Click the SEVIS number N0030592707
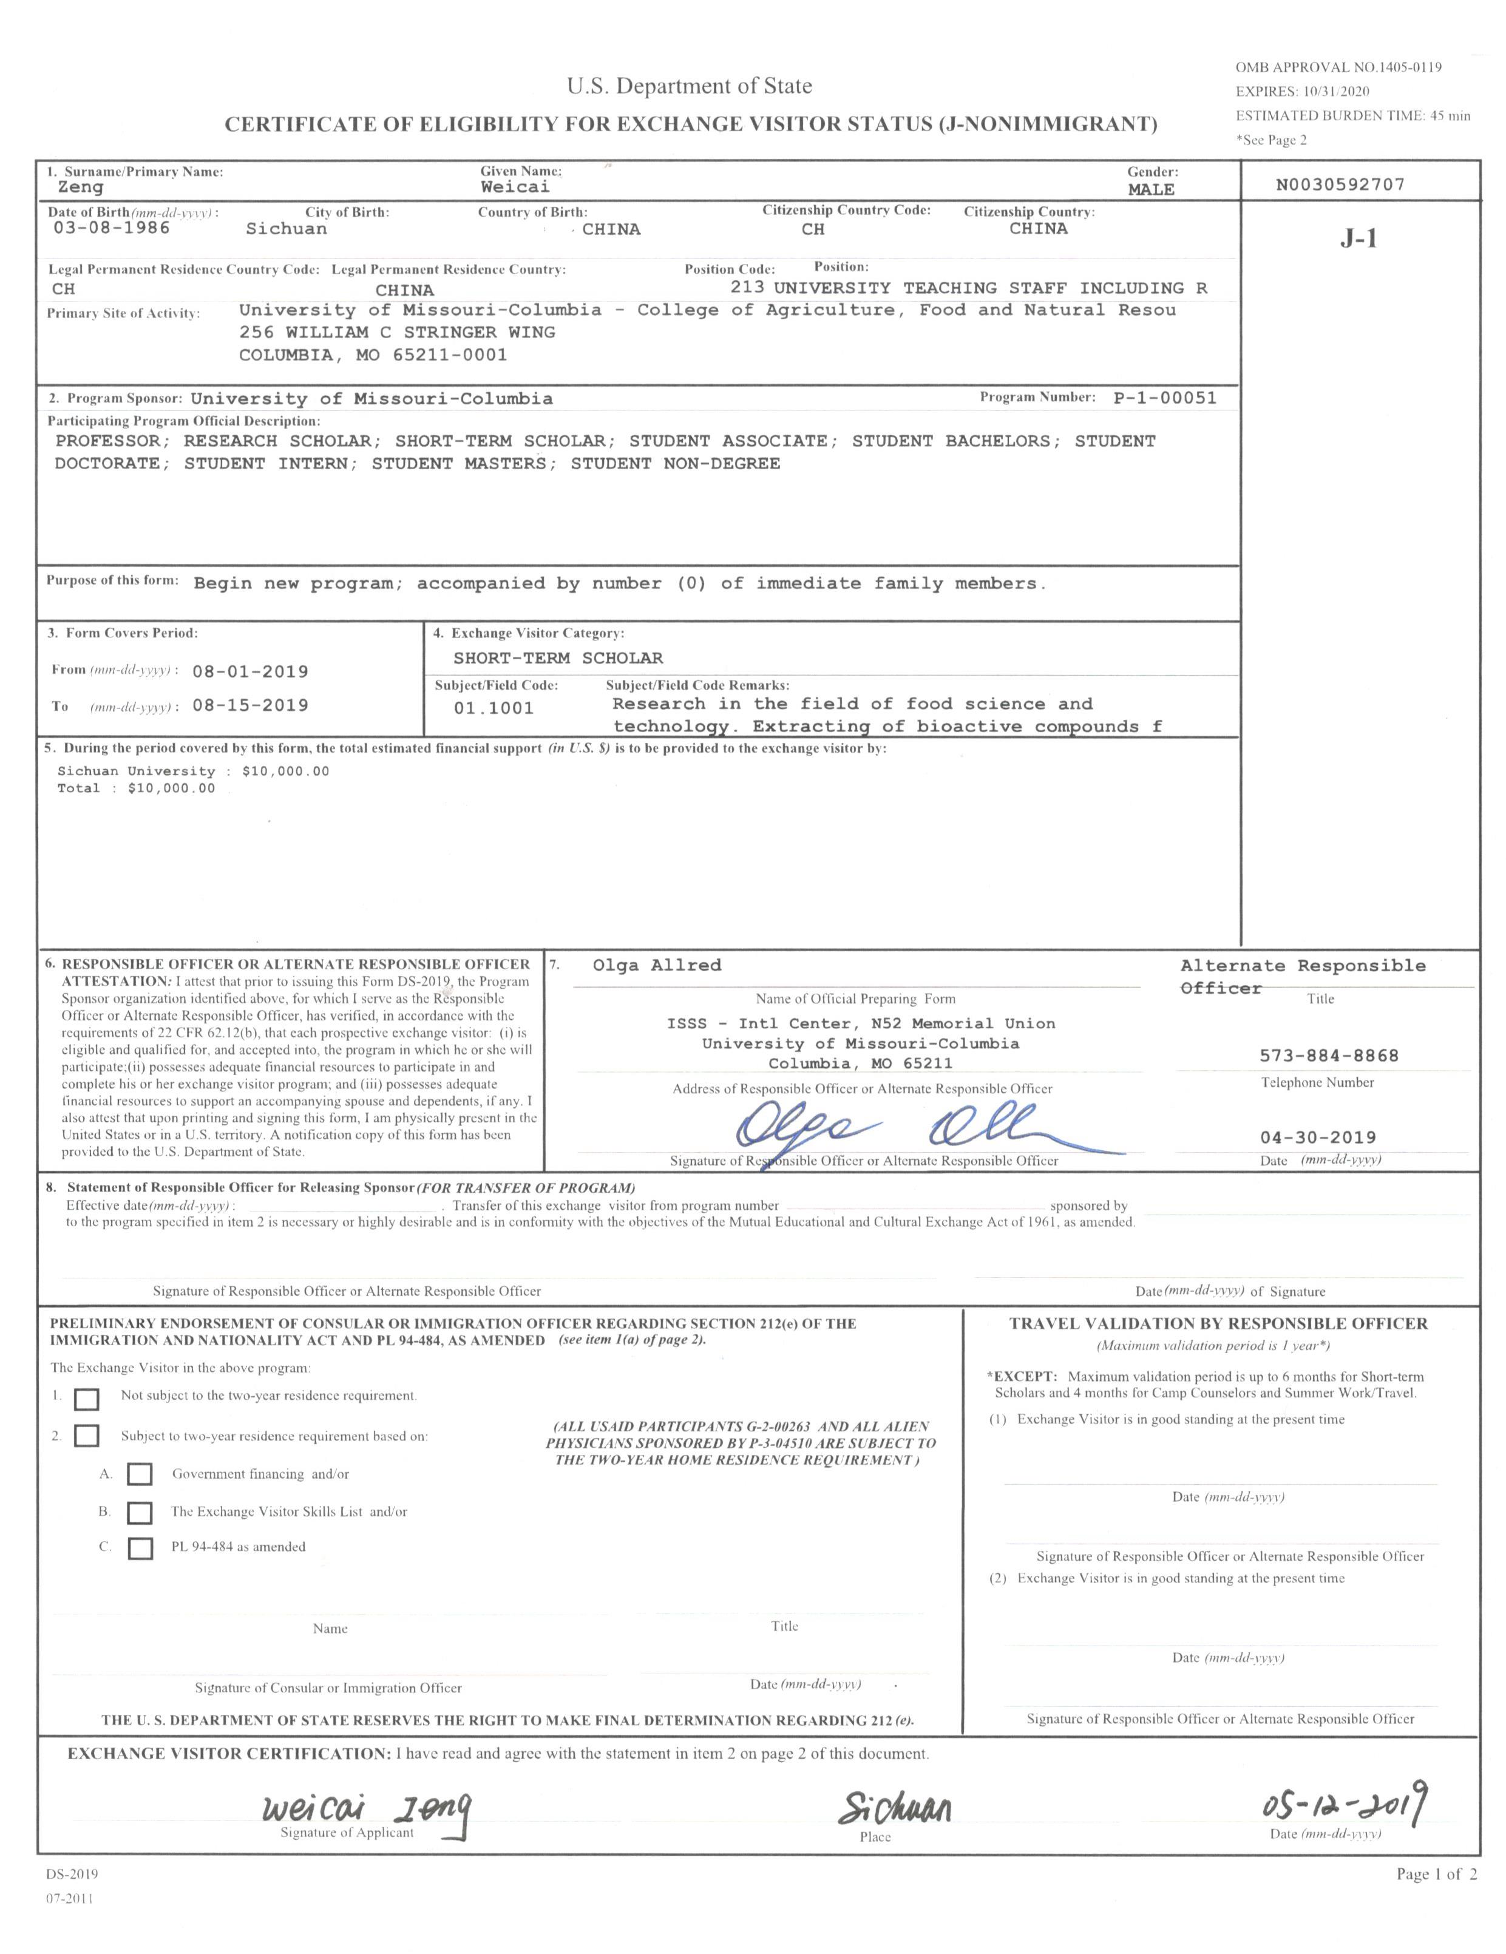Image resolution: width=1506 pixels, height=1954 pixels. pyautogui.click(x=1340, y=185)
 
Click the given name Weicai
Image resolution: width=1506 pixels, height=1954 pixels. pyautogui.click(x=515, y=187)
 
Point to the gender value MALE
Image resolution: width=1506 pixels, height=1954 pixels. pyautogui.click(x=1151, y=189)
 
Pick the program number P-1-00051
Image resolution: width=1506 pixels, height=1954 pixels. pyautogui.click(x=1164, y=398)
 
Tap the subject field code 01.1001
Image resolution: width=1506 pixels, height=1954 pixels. pyautogui.click(x=493, y=708)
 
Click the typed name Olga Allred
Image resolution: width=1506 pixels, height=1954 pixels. pyautogui.click(x=656, y=965)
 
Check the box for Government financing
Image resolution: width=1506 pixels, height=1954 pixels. pyautogui.click(x=140, y=1474)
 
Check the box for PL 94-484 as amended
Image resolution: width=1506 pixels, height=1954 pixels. pyautogui.click(x=140, y=1548)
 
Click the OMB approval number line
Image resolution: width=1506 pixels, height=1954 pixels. pyautogui.click(x=1338, y=67)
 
